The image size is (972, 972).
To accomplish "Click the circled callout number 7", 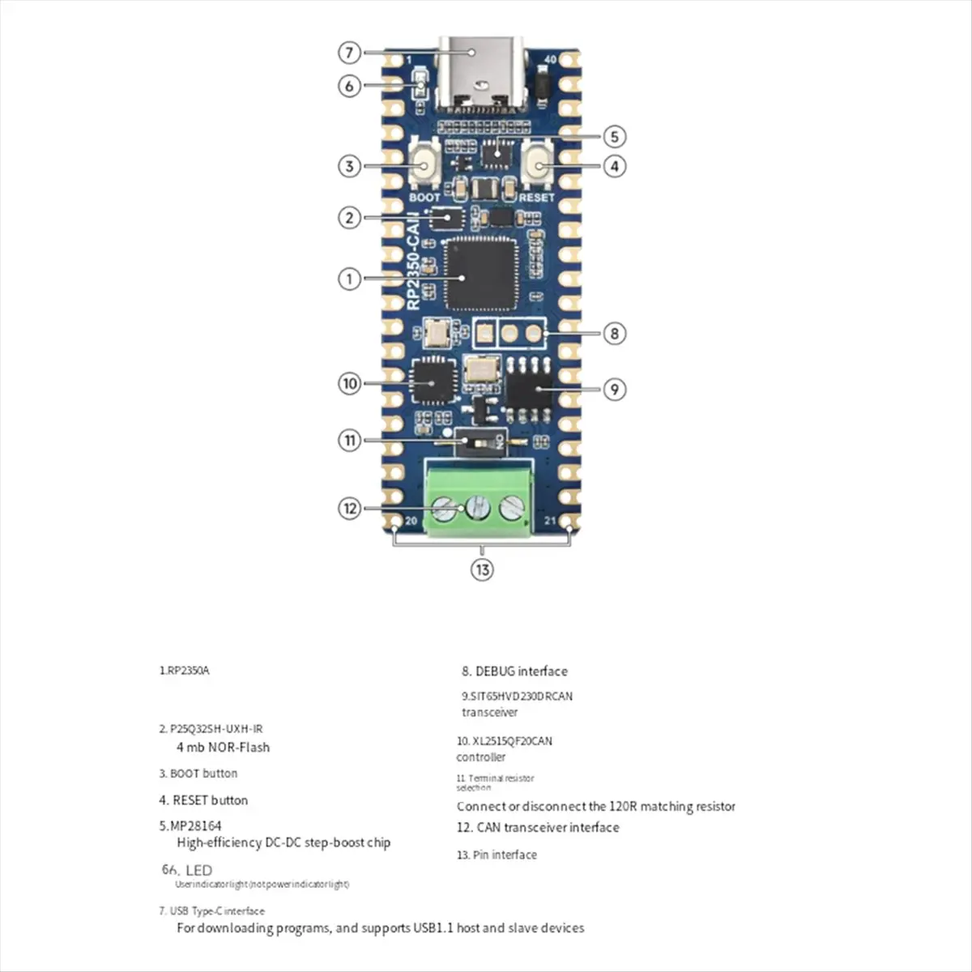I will (349, 53).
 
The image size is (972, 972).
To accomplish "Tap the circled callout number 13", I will (482, 569).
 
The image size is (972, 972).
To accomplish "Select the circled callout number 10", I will (349, 382).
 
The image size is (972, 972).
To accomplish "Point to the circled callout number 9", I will (615, 390).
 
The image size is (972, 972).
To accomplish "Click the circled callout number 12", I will (349, 509).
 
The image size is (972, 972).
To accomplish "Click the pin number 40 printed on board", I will (551, 60).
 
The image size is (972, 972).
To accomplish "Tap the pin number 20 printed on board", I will (411, 521).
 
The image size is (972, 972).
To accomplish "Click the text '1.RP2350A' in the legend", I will (184, 671).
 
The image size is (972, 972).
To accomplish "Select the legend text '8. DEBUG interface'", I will (514, 671).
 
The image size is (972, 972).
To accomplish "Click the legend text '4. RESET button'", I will (203, 800).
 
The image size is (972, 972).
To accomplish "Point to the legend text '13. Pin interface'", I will (497, 855).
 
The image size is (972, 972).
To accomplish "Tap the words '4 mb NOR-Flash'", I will (223, 748).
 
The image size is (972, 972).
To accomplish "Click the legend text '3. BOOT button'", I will (198, 774).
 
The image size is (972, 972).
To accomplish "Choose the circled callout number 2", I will (349, 217).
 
